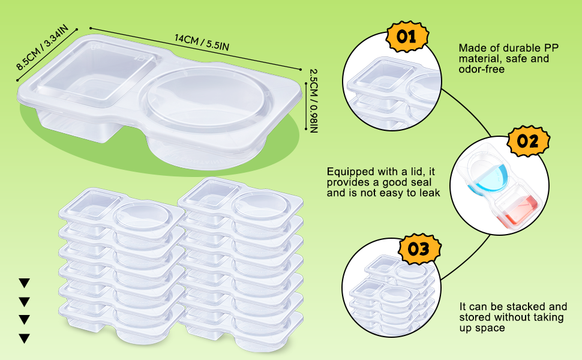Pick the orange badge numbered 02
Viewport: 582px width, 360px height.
[528, 142]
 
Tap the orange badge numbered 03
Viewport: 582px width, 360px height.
[418, 249]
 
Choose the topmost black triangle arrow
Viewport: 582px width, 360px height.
[24, 283]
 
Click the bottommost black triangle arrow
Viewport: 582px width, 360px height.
[24, 338]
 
